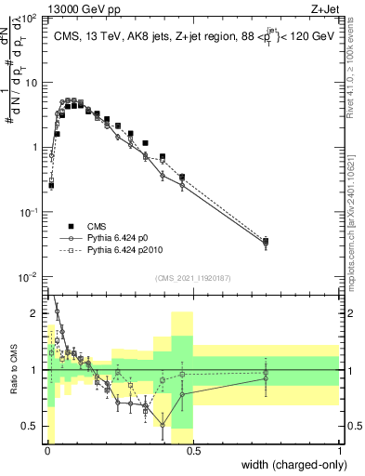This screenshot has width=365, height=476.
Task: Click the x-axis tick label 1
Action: coord(340,453)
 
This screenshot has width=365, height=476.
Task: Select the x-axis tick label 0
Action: coord(46,453)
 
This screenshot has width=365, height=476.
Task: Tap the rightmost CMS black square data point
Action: coord(266,242)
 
